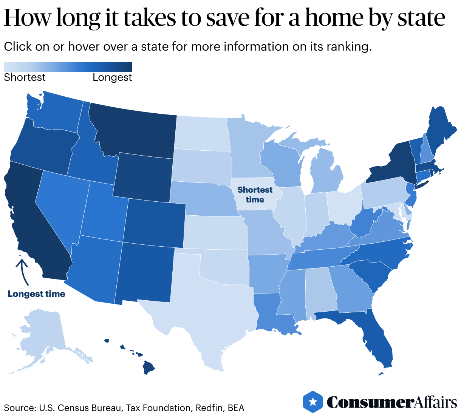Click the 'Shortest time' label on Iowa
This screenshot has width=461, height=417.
[x=255, y=195]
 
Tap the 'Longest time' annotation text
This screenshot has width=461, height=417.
[x=36, y=294]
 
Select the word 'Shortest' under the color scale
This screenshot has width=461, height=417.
[x=25, y=77]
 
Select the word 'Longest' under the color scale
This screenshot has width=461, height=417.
[x=112, y=77]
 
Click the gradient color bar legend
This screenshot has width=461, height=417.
[x=68, y=67]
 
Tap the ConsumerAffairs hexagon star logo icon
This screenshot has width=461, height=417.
[x=312, y=402]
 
